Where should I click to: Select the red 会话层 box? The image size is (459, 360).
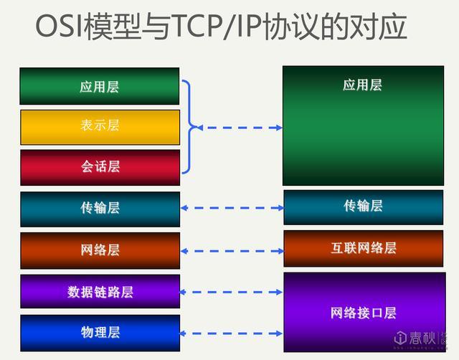pyautogui.click(x=100, y=167)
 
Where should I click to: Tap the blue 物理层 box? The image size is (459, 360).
pyautogui.click(x=100, y=332)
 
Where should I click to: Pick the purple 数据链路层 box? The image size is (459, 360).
pyautogui.click(x=100, y=292)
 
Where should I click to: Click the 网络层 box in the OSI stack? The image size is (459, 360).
pyautogui.click(x=100, y=250)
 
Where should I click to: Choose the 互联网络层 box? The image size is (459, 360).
pyautogui.click(x=363, y=249)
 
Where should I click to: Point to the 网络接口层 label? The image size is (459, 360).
pyautogui.click(x=363, y=313)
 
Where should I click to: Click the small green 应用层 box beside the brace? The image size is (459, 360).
pyautogui.click(x=100, y=87)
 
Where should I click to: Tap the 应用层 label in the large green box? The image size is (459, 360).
pyautogui.click(x=362, y=85)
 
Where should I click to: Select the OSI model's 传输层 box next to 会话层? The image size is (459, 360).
pyautogui.click(x=100, y=209)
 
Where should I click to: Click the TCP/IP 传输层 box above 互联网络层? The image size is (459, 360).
pyautogui.click(x=363, y=207)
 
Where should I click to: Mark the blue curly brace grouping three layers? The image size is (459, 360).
pyautogui.click(x=189, y=127)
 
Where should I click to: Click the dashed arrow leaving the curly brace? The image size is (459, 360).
pyautogui.click(x=240, y=128)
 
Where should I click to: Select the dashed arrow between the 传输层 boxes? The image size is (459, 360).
pyautogui.click(x=232, y=208)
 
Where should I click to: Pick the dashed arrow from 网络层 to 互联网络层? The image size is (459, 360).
pyautogui.click(x=232, y=251)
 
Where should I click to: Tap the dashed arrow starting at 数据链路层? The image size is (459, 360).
pyautogui.click(x=232, y=292)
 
